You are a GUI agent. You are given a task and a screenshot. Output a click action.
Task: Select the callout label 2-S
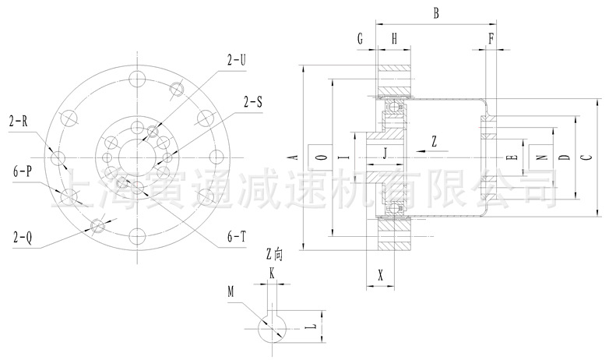[253, 101]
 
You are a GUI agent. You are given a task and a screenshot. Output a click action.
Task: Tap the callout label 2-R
[19, 122]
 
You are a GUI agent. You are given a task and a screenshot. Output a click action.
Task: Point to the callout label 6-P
[22, 169]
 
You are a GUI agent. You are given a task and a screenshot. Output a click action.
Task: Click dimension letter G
[361, 37]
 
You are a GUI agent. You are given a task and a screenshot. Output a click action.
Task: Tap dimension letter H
[395, 37]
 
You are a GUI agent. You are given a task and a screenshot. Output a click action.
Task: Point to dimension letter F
[491, 37]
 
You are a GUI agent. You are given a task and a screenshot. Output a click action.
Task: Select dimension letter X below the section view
[380, 275]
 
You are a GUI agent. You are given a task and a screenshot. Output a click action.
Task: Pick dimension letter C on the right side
[585, 157]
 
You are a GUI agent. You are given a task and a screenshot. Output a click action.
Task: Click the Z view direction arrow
[425, 145]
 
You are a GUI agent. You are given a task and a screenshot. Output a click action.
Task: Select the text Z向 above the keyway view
[276, 253]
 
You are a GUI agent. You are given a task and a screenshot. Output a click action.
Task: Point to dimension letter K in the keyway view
[272, 272]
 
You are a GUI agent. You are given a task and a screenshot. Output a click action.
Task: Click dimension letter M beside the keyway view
[231, 291]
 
